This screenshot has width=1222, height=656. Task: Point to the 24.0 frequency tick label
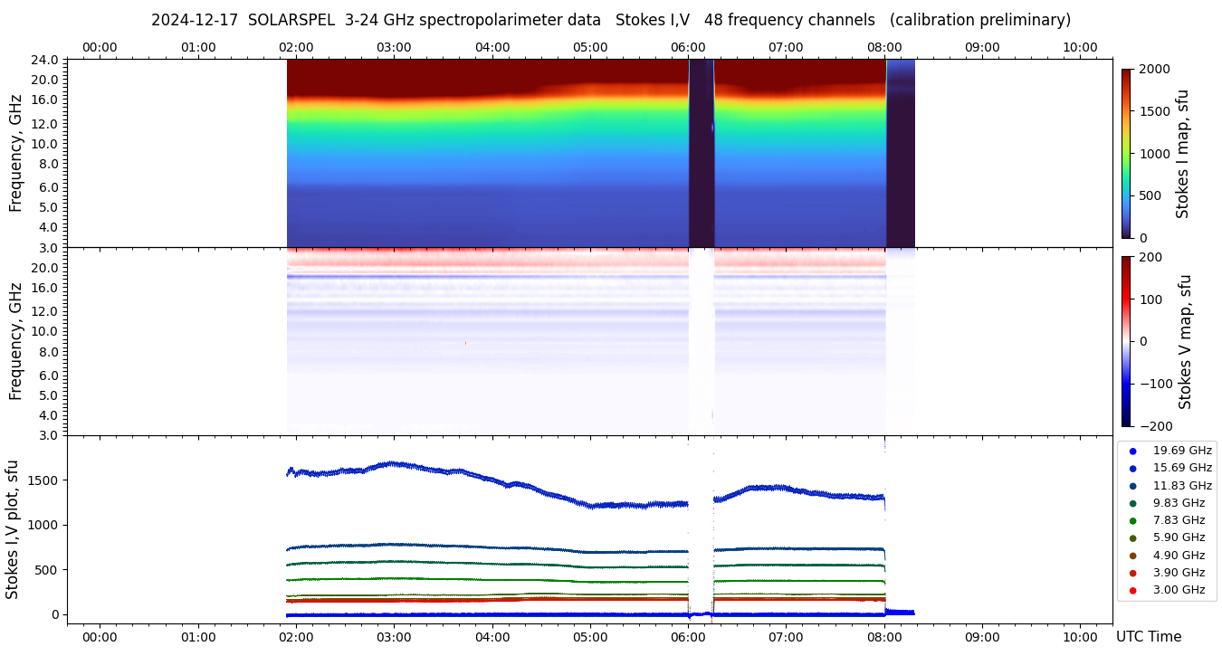pos(45,61)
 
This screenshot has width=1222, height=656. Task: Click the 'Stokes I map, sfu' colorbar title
pos(1182,154)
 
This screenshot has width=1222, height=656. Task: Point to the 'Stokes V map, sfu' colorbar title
pos(1185,341)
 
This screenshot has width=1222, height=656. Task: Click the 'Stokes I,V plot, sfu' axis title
pos(13,529)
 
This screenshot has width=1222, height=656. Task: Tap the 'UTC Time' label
pos(1148,637)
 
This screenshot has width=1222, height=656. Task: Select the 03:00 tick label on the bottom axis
pos(394,637)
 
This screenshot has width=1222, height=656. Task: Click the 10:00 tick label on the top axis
pos(1080,47)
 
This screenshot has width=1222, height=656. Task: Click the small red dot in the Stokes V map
pos(465,343)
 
